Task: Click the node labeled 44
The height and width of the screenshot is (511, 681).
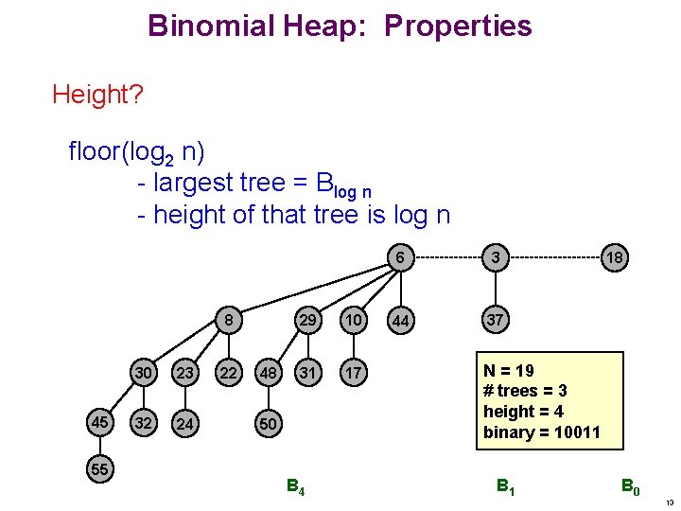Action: tap(401, 322)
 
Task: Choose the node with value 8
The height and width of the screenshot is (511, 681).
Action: tap(228, 321)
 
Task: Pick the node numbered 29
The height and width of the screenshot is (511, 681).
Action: tap(307, 321)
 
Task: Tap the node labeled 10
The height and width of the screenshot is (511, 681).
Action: tap(354, 321)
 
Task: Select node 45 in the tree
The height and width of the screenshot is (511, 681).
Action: tap(98, 422)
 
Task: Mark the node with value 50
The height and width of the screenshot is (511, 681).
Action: tap(269, 423)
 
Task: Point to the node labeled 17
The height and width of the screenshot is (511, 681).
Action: tap(354, 374)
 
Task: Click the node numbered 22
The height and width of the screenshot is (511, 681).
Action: tap(228, 374)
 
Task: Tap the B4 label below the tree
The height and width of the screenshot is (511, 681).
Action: tap(295, 488)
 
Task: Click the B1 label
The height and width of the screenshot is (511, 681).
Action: tap(507, 488)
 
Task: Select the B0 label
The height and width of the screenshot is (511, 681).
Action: tap(630, 488)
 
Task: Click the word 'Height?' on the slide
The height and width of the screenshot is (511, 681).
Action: tap(92, 95)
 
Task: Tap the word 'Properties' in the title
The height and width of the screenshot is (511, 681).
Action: tap(458, 26)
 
